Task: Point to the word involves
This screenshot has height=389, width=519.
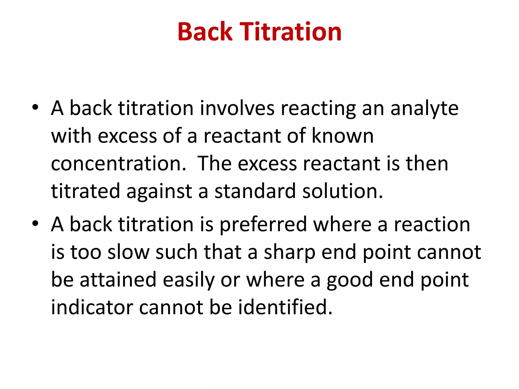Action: (x=237, y=108)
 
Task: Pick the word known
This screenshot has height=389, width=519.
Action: (x=342, y=136)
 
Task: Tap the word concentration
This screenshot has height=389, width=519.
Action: (x=118, y=164)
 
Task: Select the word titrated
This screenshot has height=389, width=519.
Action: (x=85, y=191)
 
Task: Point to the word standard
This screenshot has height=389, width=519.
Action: (x=255, y=191)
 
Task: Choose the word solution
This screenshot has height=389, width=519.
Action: (x=342, y=191)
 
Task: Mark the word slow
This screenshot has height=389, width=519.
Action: (x=128, y=252)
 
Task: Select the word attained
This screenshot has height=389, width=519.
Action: (x=118, y=280)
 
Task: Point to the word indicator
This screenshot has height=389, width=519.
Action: (x=92, y=307)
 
